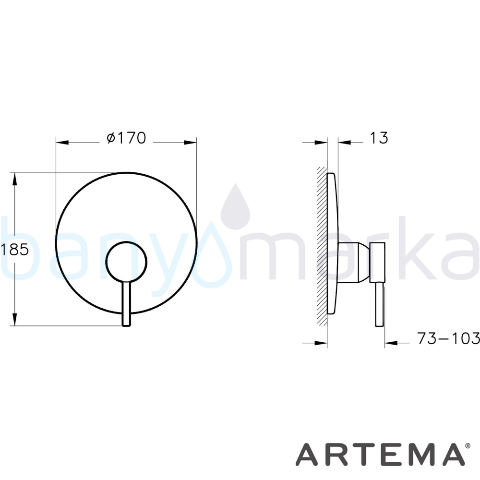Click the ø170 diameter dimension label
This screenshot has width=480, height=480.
pos(126,138)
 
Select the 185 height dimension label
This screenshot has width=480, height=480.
pos(15,249)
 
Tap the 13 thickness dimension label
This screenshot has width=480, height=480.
pos(379,138)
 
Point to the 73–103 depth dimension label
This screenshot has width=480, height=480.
pos(448,338)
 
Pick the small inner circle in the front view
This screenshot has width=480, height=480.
pos(126,262)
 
